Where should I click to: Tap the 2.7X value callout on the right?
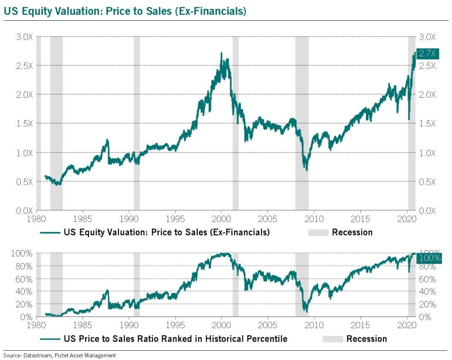pos(427,53)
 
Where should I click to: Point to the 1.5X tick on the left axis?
pos(24,124)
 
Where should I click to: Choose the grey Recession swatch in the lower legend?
pos(333,339)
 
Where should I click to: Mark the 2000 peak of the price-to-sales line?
pos(221,53)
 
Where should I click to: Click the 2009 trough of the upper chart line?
pos(306,170)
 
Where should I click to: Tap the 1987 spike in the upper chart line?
pos(107,140)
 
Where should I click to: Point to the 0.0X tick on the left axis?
pos(24,211)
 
